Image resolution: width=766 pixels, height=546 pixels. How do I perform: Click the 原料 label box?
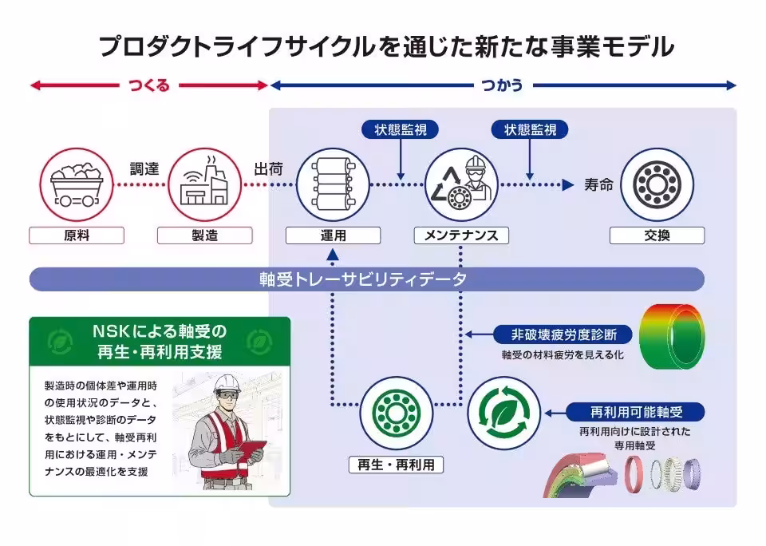77,235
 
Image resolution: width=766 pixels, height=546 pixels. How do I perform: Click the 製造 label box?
205,235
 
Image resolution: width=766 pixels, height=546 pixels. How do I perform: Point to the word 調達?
144,169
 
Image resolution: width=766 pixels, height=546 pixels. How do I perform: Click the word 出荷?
268,169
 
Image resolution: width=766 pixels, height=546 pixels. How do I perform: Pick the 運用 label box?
333,235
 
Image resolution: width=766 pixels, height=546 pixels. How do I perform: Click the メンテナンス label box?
461,235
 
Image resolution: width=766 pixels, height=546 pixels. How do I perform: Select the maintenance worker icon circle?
461,184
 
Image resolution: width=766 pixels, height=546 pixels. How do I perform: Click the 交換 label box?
657,235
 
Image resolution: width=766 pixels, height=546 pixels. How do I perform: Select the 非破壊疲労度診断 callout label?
564,334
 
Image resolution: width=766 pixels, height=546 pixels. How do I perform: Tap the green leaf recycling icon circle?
503,413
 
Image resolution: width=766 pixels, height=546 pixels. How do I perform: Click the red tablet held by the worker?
252,449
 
